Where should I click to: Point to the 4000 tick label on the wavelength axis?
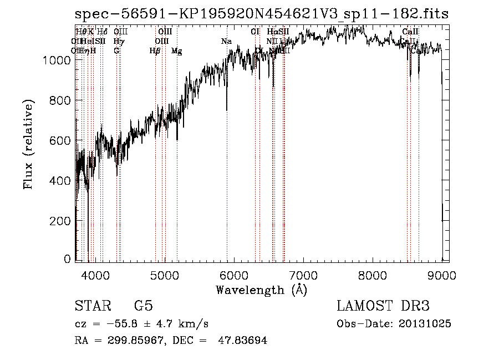95,274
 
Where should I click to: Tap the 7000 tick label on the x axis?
303,274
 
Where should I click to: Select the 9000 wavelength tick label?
442,274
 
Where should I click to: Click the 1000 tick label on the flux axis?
57,60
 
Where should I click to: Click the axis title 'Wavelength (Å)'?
261,290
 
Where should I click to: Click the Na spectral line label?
226,42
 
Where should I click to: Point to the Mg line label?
177,51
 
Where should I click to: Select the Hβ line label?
155,51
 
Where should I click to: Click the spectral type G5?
144,306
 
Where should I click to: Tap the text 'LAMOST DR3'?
383,306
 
